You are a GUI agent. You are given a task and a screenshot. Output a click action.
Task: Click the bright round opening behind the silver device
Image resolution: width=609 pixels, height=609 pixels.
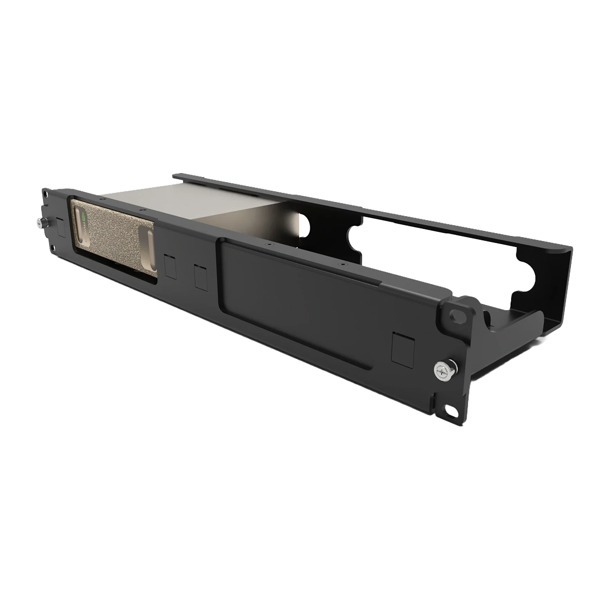(303, 223)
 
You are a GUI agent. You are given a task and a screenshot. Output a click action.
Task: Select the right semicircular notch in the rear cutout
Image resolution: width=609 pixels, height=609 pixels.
(533, 277)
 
